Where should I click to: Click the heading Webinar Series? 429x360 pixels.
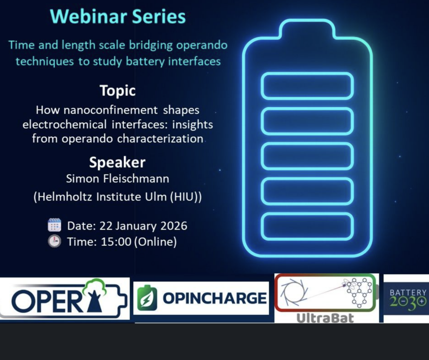(x=118, y=16)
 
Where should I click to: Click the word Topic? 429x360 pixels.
(x=118, y=91)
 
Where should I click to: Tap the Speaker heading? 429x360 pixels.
(x=117, y=162)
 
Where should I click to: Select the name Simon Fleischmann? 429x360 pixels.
(x=117, y=179)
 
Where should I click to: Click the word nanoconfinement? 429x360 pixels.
(x=111, y=110)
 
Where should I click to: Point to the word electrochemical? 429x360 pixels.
(x=65, y=125)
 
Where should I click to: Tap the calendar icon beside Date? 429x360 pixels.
(x=54, y=225)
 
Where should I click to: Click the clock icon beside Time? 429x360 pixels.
(x=54, y=241)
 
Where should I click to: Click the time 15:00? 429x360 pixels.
(x=116, y=242)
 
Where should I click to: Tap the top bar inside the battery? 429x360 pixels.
(x=307, y=86)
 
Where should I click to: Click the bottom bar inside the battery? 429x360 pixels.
(x=307, y=226)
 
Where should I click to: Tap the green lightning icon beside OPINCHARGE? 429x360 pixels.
(x=147, y=298)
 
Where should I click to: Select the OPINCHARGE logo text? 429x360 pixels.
(x=215, y=298)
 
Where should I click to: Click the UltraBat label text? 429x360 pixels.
(x=325, y=318)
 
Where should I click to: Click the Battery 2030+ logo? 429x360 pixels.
(x=407, y=298)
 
